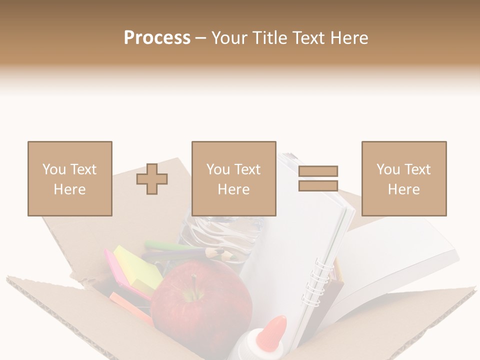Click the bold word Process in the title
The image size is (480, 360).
tap(157, 37)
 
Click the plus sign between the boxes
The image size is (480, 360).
tap(152, 178)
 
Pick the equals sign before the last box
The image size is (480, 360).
tap(318, 178)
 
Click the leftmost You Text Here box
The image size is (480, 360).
tap(69, 178)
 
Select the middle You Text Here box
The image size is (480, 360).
tap(233, 178)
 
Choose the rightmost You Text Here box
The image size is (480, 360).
tap(403, 178)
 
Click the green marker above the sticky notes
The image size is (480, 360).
tap(165, 245)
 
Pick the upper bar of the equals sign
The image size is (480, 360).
tap(318, 171)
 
